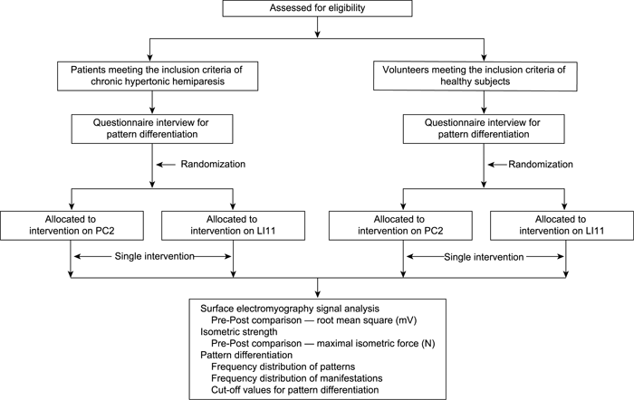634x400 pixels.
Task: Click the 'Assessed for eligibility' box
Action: tap(317, 8)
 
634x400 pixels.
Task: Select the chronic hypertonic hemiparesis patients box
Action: tap(158, 76)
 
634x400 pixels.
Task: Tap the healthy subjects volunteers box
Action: tap(475, 76)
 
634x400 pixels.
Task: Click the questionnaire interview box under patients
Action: tap(152, 129)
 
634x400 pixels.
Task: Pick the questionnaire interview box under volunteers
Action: tap(484, 129)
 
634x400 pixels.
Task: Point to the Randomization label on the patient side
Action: tap(213, 164)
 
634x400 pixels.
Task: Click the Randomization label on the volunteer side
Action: tap(541, 164)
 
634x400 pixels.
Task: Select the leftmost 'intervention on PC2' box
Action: tap(72, 225)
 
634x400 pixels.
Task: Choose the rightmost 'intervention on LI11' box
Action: tap(562, 225)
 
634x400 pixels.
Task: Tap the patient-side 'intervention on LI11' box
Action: tap(233, 225)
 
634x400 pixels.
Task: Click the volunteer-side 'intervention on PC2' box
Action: tap(400, 225)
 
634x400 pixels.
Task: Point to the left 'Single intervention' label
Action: tap(155, 256)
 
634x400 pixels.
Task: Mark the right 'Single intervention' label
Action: tap(484, 257)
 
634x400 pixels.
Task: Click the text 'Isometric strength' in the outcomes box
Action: tap(239, 332)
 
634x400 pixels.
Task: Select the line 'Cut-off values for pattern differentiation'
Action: tap(295, 390)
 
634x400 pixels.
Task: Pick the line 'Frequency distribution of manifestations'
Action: tap(297, 378)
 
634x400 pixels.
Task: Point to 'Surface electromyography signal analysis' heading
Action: tap(290, 309)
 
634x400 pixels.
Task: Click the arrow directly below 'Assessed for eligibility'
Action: tap(317, 27)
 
